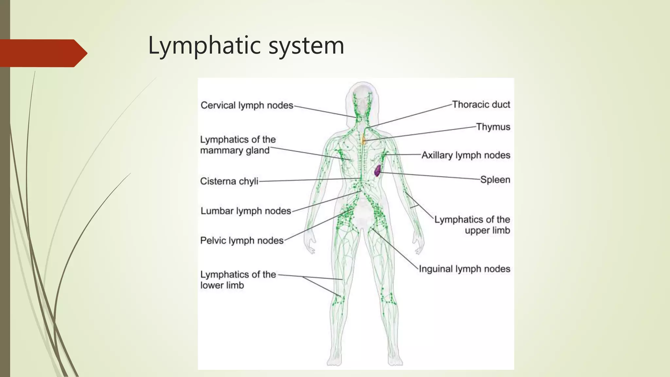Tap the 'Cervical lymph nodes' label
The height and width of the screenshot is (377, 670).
[x=247, y=105]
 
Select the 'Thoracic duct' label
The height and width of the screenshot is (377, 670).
[x=481, y=104]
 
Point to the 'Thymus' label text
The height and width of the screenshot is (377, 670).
[x=493, y=127]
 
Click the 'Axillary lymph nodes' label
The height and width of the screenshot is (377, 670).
[x=466, y=155]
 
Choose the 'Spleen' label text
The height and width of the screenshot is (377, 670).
[x=495, y=180]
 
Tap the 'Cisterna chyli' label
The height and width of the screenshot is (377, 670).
[x=229, y=181]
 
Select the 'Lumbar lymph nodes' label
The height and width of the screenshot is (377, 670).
[x=246, y=211]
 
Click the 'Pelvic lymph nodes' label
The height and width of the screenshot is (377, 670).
[x=242, y=241]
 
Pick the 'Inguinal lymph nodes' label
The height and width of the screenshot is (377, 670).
[x=465, y=269]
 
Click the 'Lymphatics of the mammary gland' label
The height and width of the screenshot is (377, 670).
[x=238, y=145]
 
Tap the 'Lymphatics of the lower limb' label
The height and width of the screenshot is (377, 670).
[x=238, y=280]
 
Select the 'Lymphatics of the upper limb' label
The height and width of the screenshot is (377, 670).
[x=472, y=225]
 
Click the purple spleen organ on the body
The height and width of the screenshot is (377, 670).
[x=378, y=171]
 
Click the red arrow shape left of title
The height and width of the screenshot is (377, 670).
[x=44, y=53]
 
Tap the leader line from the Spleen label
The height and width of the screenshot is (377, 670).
[x=430, y=176]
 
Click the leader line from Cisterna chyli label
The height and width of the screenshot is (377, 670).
[x=309, y=180]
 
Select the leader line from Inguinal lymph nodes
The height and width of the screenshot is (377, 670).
[x=395, y=249]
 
